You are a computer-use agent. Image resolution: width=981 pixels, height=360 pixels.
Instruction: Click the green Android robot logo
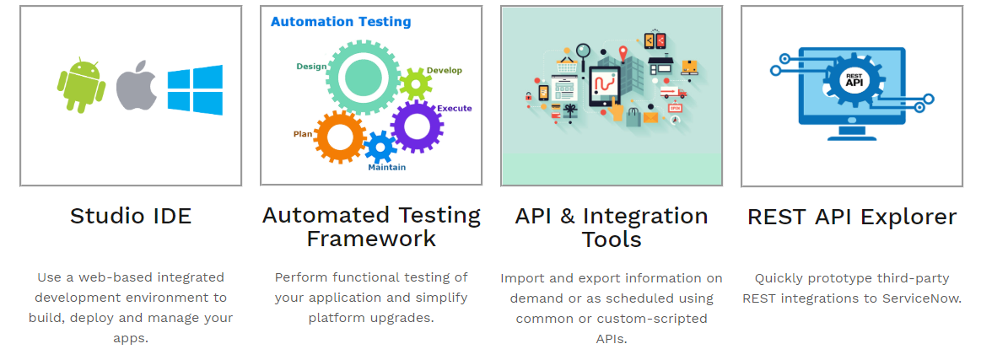tap(80, 85)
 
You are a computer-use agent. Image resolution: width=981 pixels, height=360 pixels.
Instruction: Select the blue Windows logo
tap(195, 89)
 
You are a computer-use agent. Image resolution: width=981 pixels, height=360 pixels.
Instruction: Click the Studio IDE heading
tap(131, 216)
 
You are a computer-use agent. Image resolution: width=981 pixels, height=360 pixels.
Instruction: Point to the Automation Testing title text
tap(341, 22)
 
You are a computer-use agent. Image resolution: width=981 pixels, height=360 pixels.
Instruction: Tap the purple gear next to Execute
tap(418, 126)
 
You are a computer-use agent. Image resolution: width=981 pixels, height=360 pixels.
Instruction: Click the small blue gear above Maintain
tap(380, 147)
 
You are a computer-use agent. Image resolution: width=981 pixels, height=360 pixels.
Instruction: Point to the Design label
tap(310, 66)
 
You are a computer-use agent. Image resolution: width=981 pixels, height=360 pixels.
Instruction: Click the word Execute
tap(455, 108)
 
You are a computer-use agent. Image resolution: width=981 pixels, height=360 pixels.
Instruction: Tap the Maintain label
tap(386, 167)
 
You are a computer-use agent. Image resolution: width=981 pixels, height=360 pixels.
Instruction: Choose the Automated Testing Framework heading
tap(371, 227)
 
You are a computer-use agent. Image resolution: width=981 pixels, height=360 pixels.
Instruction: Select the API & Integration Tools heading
tap(612, 228)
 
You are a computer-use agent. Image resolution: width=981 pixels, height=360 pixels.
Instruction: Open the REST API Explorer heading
tap(852, 217)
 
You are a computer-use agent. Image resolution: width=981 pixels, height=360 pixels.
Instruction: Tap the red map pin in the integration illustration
tap(623, 54)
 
